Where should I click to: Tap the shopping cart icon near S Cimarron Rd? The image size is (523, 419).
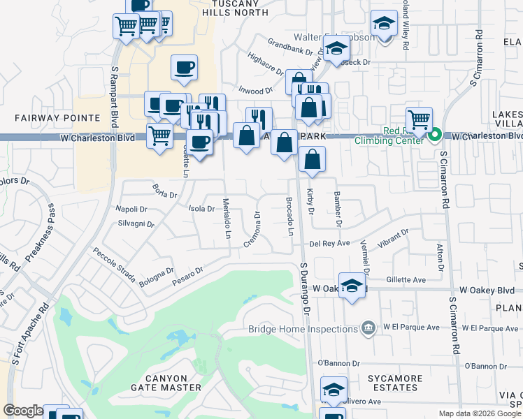tap(419, 119)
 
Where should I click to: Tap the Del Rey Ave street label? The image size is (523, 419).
tap(329, 244)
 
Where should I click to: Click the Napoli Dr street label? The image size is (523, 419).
tap(131, 209)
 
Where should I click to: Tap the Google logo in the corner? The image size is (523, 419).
tap(23, 411)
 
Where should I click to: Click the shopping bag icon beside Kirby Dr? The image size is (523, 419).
tap(313, 159)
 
